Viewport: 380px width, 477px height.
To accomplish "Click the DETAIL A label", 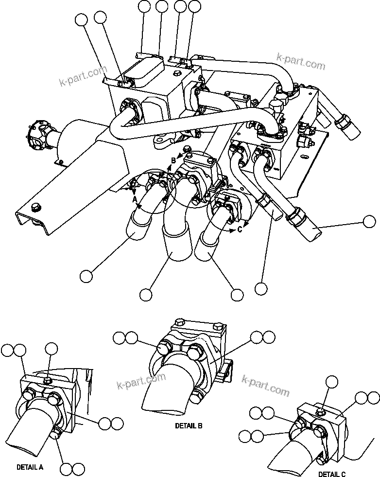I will click(x=30, y=467).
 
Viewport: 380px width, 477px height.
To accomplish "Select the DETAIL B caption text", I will click(x=189, y=425).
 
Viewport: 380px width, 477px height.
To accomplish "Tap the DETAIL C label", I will click(x=332, y=474).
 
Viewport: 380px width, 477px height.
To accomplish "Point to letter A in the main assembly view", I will click(x=135, y=198).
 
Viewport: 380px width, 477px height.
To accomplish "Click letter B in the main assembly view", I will click(x=173, y=161).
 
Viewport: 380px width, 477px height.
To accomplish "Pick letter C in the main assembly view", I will click(x=240, y=230).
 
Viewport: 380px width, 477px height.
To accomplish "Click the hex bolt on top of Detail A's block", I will click(x=49, y=380).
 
